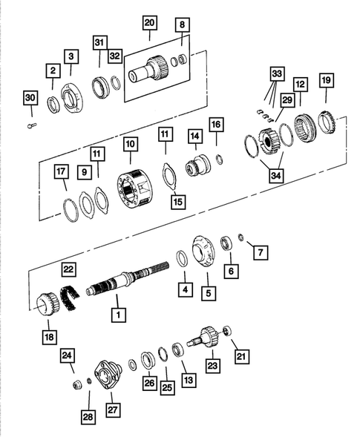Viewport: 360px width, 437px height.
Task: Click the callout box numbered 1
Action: tap(117, 315)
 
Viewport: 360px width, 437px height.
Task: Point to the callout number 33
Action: tap(276, 74)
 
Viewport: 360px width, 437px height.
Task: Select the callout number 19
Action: tap(326, 79)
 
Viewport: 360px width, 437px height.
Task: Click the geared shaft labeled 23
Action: tap(206, 341)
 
